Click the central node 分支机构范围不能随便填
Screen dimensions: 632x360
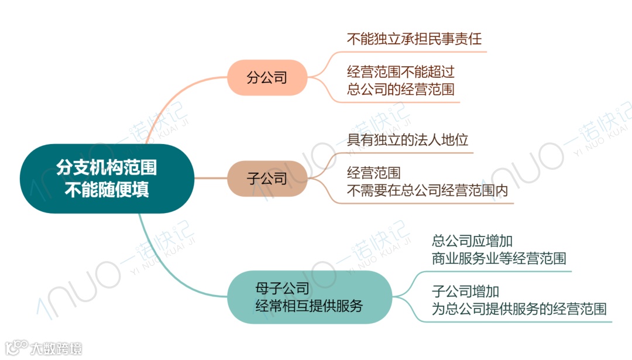pos(107,179)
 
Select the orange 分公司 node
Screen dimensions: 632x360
pos(267,77)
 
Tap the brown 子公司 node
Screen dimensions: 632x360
pos(267,178)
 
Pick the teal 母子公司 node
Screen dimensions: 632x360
pos(308,297)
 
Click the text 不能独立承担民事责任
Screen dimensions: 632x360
pos(414,40)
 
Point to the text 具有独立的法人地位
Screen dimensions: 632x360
pos(407,140)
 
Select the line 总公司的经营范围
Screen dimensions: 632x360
pos(400,90)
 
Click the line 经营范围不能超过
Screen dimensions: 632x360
pos(400,73)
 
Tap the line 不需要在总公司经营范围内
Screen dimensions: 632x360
pos(428,191)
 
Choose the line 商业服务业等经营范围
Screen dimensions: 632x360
pos(499,258)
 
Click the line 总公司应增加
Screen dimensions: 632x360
pos(472,241)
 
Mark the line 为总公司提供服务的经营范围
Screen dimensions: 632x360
pos(518,308)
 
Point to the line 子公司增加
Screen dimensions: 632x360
pos(465,291)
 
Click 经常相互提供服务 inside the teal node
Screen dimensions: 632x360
pos(309,306)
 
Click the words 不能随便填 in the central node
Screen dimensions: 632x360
pos(107,190)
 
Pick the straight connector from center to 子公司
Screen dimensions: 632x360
pos(210,178)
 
